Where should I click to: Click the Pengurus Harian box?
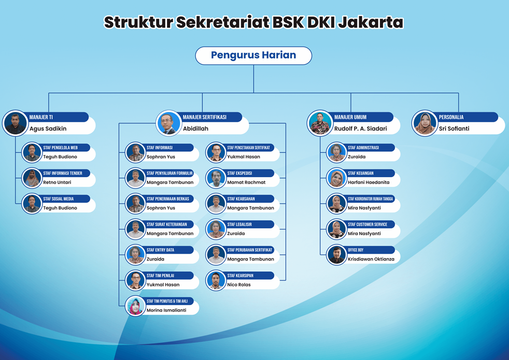(x=253, y=55)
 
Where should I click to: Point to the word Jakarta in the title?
(x=371, y=22)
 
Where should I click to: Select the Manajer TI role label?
(x=41, y=117)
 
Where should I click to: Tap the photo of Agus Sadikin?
(x=15, y=123)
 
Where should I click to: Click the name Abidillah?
(x=195, y=128)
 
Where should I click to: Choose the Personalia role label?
(x=451, y=117)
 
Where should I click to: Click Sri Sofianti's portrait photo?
(x=425, y=123)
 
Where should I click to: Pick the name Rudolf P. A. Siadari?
(x=360, y=128)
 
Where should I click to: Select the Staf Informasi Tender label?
(x=63, y=173)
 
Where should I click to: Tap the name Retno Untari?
(x=57, y=182)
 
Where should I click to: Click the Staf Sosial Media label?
(x=59, y=199)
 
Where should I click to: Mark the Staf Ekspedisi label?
(x=239, y=173)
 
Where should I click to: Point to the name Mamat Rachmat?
(x=246, y=182)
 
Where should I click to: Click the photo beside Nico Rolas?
(x=216, y=280)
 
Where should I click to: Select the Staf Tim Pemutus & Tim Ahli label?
(x=167, y=301)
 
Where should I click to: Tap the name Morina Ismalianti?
(x=166, y=310)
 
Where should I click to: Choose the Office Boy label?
(x=356, y=250)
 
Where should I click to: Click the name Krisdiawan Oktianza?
(x=371, y=259)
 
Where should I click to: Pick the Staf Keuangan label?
(x=361, y=173)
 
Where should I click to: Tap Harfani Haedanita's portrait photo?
(x=336, y=178)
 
